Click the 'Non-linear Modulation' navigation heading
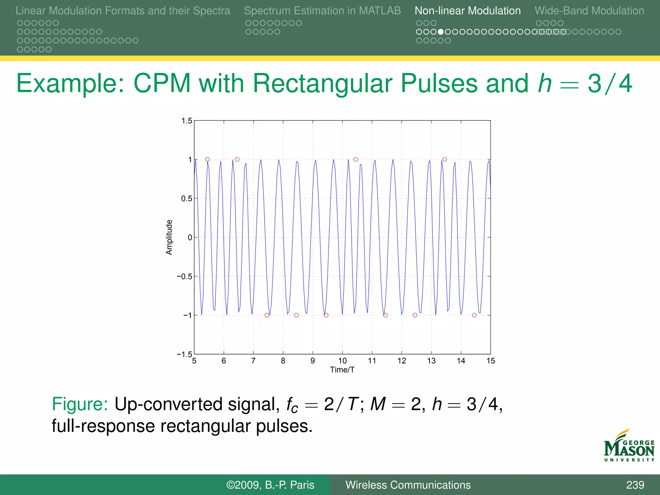click(x=467, y=11)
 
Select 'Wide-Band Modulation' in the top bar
click(x=589, y=11)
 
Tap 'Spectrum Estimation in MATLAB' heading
click(x=322, y=11)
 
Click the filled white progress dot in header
click(x=441, y=32)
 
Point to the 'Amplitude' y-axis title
click(x=169, y=238)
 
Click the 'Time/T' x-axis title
click(x=342, y=370)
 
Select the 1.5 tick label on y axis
click(x=187, y=121)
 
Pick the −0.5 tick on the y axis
click(x=184, y=277)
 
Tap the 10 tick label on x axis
click(x=342, y=361)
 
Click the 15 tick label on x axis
click(x=490, y=361)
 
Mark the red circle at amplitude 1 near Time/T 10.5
click(x=356, y=160)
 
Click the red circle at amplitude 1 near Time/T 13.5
click(x=445, y=160)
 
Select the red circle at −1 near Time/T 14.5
click(x=474, y=315)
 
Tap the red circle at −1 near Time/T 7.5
click(x=267, y=315)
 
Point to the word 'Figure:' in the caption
click(x=80, y=404)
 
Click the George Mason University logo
click(x=629, y=446)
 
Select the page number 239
click(x=635, y=485)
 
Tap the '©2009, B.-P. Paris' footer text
click(x=270, y=485)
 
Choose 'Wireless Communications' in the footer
click(x=408, y=485)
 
